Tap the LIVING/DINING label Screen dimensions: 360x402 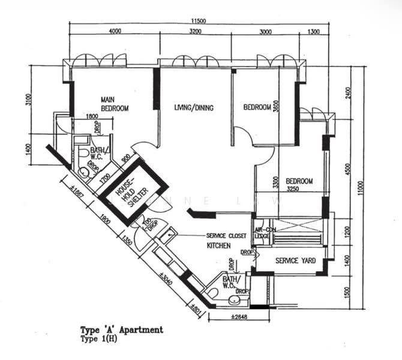(x=194, y=108)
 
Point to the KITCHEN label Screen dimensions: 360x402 (x=219, y=246)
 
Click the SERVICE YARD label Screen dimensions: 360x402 (x=291, y=261)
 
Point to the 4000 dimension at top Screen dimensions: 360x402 (x=115, y=31)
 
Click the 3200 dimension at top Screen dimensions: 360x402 (x=196, y=31)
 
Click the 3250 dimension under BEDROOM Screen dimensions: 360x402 (x=293, y=189)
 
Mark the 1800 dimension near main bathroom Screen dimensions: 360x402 (x=92, y=116)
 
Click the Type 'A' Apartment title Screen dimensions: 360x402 (x=122, y=329)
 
